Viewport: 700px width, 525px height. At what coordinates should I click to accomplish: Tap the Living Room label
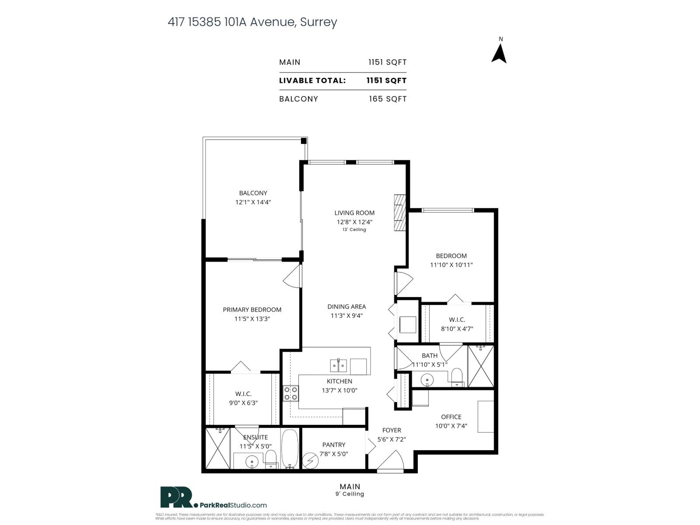point(354,213)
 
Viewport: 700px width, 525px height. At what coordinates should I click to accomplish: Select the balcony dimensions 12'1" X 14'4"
point(253,202)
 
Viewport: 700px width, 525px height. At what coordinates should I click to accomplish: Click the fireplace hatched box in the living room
point(399,212)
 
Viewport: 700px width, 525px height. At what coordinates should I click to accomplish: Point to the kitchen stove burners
point(290,393)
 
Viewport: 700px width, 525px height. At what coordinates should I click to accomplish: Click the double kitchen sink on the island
point(338,365)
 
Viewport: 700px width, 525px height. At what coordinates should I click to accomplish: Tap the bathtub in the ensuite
point(289,448)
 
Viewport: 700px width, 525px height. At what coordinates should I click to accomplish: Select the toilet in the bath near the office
point(457,378)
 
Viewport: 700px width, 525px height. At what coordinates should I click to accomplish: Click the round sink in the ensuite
point(252,462)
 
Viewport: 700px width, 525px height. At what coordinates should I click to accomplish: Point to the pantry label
point(334,444)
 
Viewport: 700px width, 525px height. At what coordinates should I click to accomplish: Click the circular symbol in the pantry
point(311,461)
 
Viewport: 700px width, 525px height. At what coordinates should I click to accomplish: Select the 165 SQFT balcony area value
point(387,99)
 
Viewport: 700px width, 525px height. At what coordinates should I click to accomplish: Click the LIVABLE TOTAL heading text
point(312,80)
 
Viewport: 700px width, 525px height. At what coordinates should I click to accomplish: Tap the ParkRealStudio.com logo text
point(233,505)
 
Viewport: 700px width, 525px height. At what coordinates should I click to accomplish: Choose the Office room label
point(451,416)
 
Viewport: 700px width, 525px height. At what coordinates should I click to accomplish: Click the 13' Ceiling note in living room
point(354,230)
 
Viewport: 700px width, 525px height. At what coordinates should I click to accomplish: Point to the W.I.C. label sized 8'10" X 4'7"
point(457,320)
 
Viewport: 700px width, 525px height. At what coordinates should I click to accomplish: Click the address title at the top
point(252,22)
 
